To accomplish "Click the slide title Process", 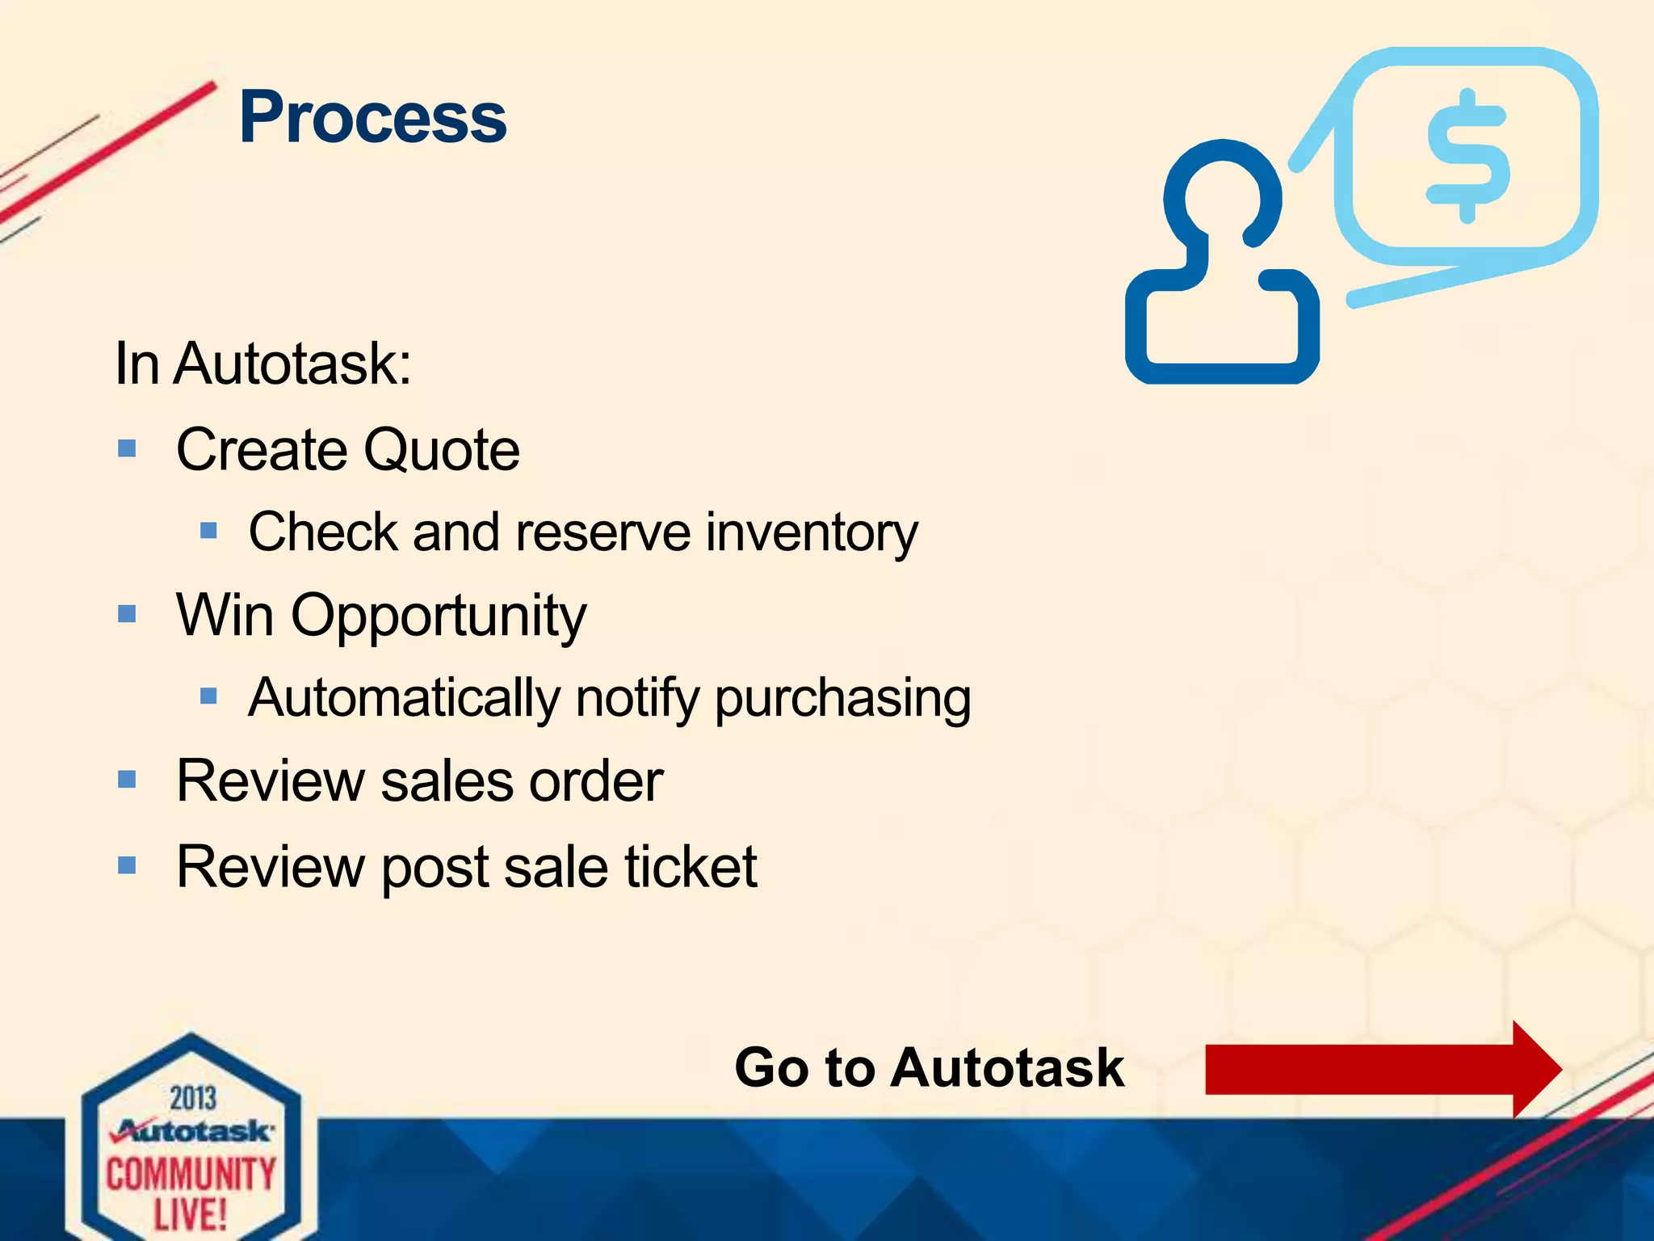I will point(372,118).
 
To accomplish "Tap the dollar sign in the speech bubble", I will point(1467,156).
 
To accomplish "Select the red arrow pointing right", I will point(1381,1069).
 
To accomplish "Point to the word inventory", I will point(812,533).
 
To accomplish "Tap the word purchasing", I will point(842,700).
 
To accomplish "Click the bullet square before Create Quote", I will point(127,448).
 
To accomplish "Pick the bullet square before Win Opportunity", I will point(127,614).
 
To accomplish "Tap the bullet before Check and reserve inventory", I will point(209,531).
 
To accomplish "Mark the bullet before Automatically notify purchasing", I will point(209,696).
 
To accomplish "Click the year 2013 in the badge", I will point(193,1099).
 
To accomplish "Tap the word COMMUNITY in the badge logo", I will point(191,1174).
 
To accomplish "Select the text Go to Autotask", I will point(929,1068).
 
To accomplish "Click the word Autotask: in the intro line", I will point(292,364).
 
